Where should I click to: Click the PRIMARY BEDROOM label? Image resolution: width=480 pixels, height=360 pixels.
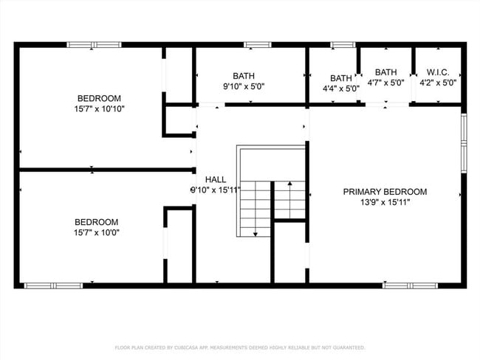point(385,192)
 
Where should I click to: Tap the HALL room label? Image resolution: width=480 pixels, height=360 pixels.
point(216,179)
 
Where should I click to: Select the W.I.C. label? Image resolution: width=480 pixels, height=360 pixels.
point(437,72)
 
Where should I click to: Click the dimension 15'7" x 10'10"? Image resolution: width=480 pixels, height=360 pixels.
point(99,109)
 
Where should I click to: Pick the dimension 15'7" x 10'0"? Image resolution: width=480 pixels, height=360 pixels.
point(97,232)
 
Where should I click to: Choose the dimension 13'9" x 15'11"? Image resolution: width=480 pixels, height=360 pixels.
point(385,202)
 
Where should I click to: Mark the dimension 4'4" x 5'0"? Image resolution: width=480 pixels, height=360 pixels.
point(341,89)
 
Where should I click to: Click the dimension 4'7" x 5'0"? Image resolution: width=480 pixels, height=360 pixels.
point(385,83)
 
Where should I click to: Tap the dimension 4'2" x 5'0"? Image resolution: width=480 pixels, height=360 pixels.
point(437,83)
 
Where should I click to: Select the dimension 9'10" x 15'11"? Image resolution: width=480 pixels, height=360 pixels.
point(216,190)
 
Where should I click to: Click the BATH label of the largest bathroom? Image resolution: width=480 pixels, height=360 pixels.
point(244,75)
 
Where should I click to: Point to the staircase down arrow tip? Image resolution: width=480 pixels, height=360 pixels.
point(255,234)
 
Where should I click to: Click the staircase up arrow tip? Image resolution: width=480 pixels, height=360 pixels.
point(289,182)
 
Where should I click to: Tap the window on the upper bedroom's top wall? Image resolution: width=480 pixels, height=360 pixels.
point(94,45)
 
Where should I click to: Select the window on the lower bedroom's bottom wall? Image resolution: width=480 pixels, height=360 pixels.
point(53,285)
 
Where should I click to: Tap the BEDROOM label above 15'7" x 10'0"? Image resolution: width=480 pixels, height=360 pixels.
point(97,222)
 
